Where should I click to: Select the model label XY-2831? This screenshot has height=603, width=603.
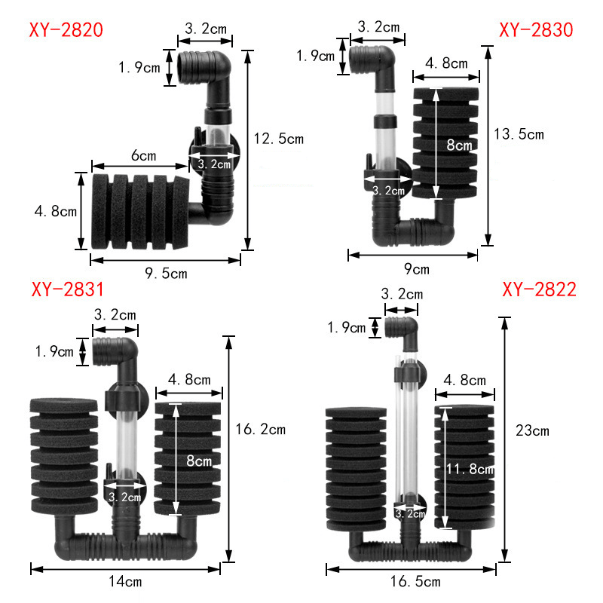pyautogui.click(x=68, y=289)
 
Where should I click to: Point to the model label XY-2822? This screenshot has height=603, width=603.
pyautogui.click(x=539, y=289)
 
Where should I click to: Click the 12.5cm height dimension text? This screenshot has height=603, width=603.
pyautogui.click(x=279, y=139)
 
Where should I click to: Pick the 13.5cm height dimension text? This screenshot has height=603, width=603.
pyautogui.click(x=518, y=134)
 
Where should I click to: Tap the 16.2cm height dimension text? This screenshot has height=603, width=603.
pyautogui.click(x=262, y=430)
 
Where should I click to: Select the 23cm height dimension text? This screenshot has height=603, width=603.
pyautogui.click(x=531, y=431)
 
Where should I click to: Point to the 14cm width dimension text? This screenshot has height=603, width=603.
pyautogui.click(x=124, y=581)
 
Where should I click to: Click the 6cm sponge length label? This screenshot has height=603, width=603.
pyautogui.click(x=143, y=156)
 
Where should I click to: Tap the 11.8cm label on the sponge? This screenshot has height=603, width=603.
pyautogui.click(x=465, y=469)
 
